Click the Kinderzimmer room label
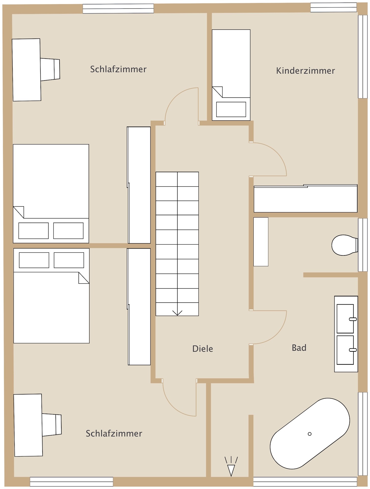tap(305, 71)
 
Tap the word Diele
tap(203, 349)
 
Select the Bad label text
tap(299, 348)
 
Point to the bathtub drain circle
tap(310, 434)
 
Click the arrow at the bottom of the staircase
tap(177, 313)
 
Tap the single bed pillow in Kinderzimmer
tap(231, 110)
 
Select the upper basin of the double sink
tap(345, 319)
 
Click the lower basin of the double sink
tap(345, 350)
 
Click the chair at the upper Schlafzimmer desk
tap(50, 70)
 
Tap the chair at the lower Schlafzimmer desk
tap(52, 425)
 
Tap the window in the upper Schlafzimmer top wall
tap(118, 9)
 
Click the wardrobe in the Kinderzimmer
tap(306, 199)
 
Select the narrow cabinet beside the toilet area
tap(261, 242)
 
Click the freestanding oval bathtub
tap(310, 433)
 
